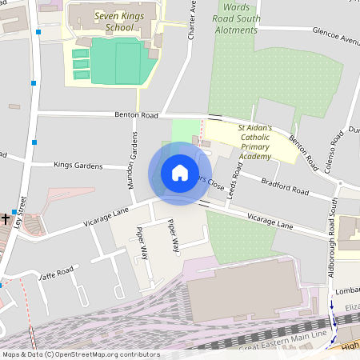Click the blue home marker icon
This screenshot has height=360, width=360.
[x=180, y=173]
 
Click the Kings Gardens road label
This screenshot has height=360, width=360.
[x=78, y=166]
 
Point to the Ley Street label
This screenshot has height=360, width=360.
[x=22, y=211]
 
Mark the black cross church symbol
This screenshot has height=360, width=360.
[x=6, y=218]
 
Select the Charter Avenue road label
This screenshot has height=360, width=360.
[x=192, y=20]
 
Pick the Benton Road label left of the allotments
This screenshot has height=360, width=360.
[x=138, y=115]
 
